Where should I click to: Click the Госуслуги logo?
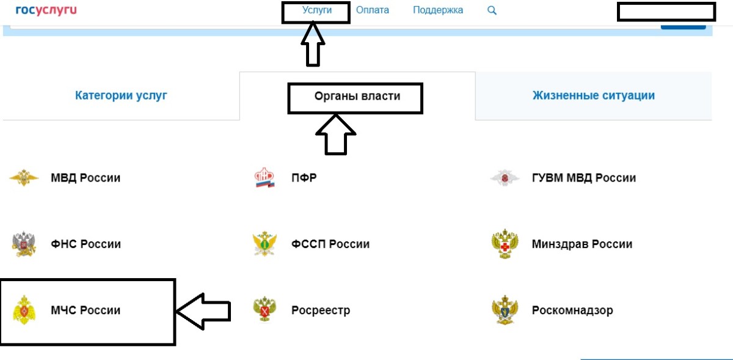coord(46,10)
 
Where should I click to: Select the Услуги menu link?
coord(317,10)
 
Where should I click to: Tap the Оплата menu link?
coord(373,10)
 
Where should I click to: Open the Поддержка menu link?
coord(438,10)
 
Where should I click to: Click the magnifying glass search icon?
coord(492,10)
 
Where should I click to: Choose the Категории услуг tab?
coord(121,95)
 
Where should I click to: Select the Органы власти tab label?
coord(357,96)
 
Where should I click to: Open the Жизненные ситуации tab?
coord(594,95)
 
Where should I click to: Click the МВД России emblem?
coord(24,177)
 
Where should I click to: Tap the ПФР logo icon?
coord(264,177)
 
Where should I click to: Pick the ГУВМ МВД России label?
coord(584,178)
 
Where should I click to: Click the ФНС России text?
coord(86,244)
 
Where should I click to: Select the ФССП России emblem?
coord(264,244)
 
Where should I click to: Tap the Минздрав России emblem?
coord(505,244)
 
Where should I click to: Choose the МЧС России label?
coord(86,310)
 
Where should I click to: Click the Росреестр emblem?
coord(264,309)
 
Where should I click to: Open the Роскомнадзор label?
coord(572,310)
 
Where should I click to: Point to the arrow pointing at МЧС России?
coord(203,311)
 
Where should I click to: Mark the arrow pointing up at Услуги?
coord(313,44)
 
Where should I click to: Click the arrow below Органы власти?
coord(336,134)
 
